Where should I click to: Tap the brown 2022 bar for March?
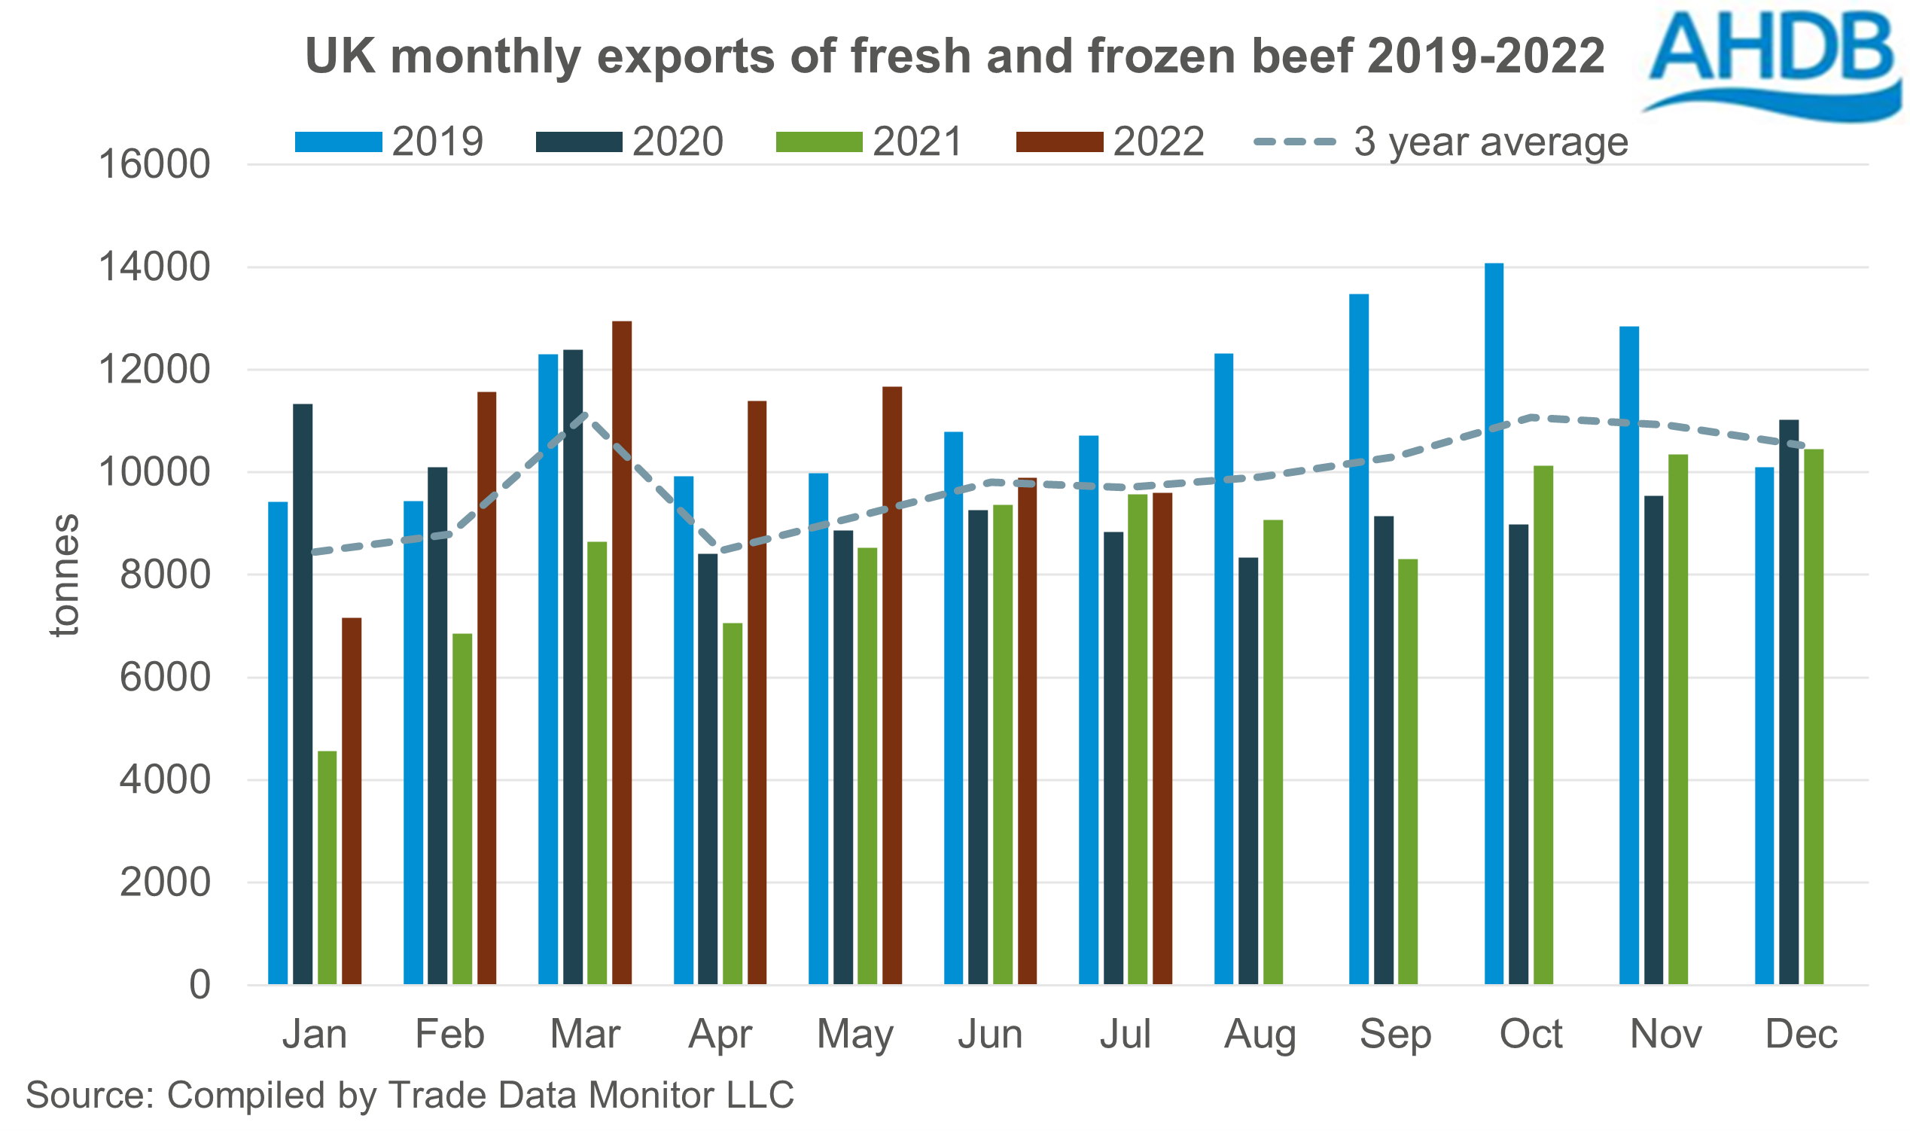622,652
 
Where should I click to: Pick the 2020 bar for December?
1788,702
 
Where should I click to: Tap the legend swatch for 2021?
818,142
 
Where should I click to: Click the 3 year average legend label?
1490,142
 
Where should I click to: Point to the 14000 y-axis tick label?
154,267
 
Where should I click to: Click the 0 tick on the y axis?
200,986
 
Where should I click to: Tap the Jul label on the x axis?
1125,1034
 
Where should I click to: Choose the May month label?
854,1034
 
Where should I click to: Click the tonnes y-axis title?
65,575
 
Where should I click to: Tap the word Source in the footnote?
88,1095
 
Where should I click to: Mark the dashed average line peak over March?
584,416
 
